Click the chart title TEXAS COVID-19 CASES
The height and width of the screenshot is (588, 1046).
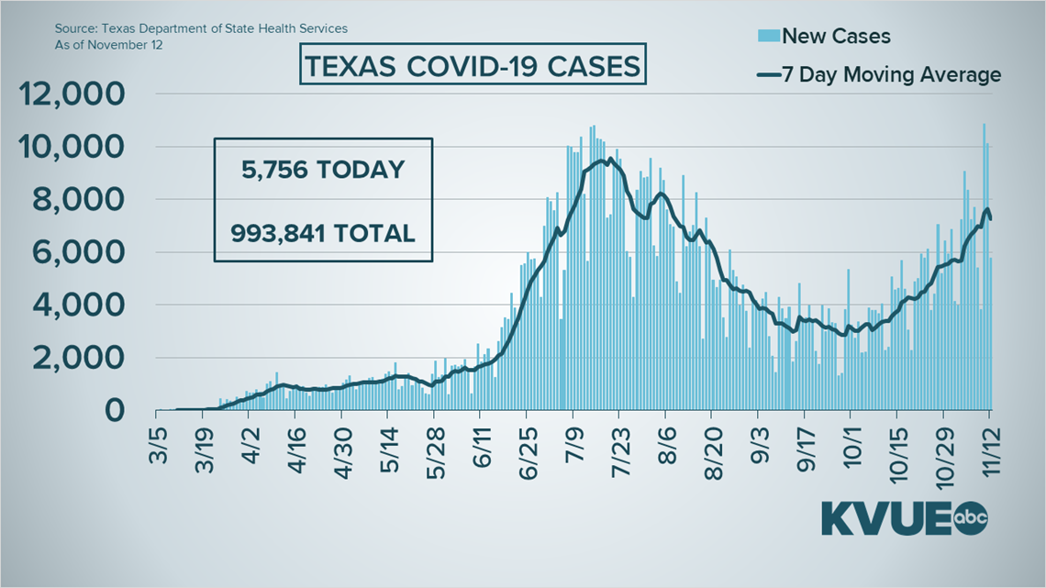pyautogui.click(x=473, y=68)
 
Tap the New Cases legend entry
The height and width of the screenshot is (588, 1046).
pyautogui.click(x=823, y=37)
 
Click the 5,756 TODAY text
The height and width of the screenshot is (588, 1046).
pyautogui.click(x=323, y=170)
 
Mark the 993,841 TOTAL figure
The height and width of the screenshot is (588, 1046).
pyautogui.click(x=323, y=232)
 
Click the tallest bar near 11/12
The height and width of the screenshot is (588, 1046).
pyautogui.click(x=984, y=266)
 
